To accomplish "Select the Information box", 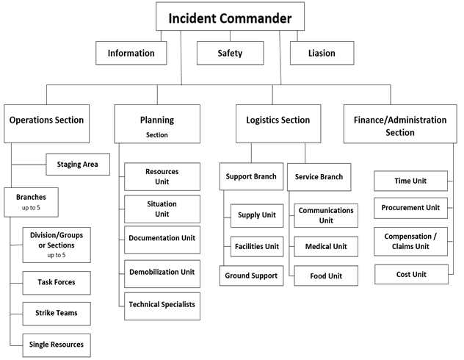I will point(131,53).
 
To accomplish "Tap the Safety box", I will point(230,53).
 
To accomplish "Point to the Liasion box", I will point(322,53).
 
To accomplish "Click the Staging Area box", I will point(78,165).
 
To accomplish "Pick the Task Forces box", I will point(57,282).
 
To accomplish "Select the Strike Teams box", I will point(57,313).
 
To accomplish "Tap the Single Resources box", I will point(57,344).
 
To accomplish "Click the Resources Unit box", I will point(162,176).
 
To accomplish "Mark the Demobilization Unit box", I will point(162,272).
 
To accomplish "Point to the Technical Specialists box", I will point(162,304).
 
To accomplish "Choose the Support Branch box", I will point(251,177).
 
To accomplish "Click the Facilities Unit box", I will point(256,246).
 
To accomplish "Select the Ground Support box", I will point(251,276).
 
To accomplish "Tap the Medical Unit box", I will point(325,246).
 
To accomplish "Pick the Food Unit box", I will point(325,276).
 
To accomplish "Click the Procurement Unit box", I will point(410,208).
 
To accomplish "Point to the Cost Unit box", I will point(410,274).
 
